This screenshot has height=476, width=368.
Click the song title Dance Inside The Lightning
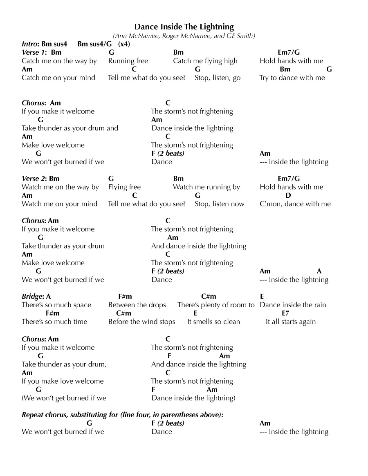pyautogui.click(x=184, y=27)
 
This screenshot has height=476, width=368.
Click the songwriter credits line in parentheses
pyautogui.click(x=184, y=36)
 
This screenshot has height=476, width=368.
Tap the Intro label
pyautogui.click(x=29, y=44)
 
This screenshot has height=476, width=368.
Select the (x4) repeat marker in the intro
pyautogui.click(x=124, y=44)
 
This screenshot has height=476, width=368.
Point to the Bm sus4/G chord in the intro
pyautogui.click(x=94, y=44)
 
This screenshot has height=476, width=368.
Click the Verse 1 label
pyautogui.click(x=34, y=52)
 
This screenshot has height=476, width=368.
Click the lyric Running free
pyautogui.click(x=128, y=61)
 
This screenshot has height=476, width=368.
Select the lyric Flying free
pyautogui.click(x=124, y=187)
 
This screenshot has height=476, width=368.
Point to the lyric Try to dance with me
pyautogui.click(x=292, y=78)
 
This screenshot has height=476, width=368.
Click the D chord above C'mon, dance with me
pyautogui.click(x=288, y=195)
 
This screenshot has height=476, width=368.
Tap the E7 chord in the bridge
pyautogui.click(x=285, y=313)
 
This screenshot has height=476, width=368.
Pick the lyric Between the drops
pyautogui.click(x=137, y=305)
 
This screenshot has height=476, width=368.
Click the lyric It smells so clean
pyautogui.click(x=213, y=322)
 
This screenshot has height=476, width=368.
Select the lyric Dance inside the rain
pyautogui.click(x=293, y=305)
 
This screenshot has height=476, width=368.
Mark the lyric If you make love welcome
pyautogui.click(x=63, y=381)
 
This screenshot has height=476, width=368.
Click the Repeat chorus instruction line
pyautogui.click(x=123, y=415)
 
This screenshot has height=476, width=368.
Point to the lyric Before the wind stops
pyautogui.click(x=141, y=322)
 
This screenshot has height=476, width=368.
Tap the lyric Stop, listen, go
pyautogui.click(x=218, y=78)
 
